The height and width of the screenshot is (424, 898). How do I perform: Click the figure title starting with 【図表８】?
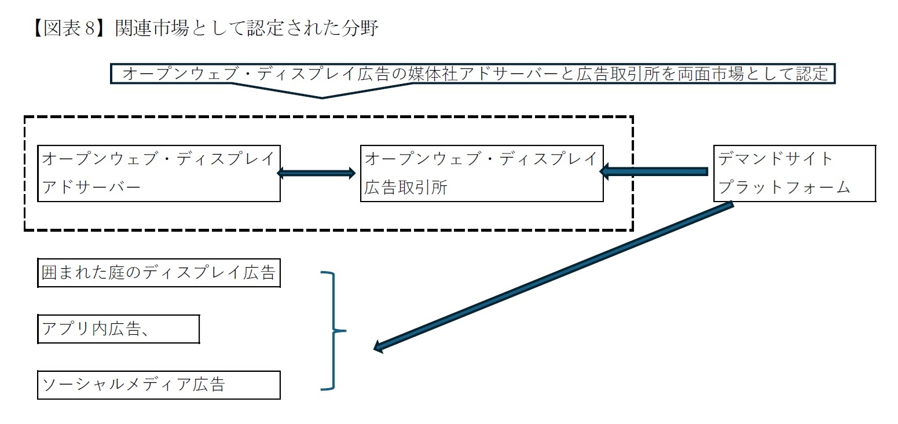click(206, 28)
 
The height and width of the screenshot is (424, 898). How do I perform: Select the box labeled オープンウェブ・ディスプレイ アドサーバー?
click(159, 173)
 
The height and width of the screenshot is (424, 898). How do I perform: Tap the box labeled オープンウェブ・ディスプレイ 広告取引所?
click(481, 173)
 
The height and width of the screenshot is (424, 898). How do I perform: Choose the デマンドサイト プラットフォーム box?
click(794, 173)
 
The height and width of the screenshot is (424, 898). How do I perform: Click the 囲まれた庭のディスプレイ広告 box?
click(159, 273)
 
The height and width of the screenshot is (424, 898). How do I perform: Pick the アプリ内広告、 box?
click(119, 329)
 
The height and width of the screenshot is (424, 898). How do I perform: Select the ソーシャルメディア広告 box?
click(159, 385)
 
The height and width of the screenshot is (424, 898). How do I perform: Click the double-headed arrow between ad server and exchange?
click(316, 173)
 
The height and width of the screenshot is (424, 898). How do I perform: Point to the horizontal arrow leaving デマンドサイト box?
click(654, 171)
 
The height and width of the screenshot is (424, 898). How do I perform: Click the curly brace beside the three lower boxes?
click(333, 330)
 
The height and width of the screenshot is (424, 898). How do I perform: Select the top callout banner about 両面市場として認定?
click(472, 74)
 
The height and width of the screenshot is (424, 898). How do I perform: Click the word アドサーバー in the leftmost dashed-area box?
click(91, 188)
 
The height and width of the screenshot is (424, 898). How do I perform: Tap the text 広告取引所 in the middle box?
click(406, 188)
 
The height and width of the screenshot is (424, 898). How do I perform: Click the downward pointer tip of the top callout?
click(322, 97)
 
